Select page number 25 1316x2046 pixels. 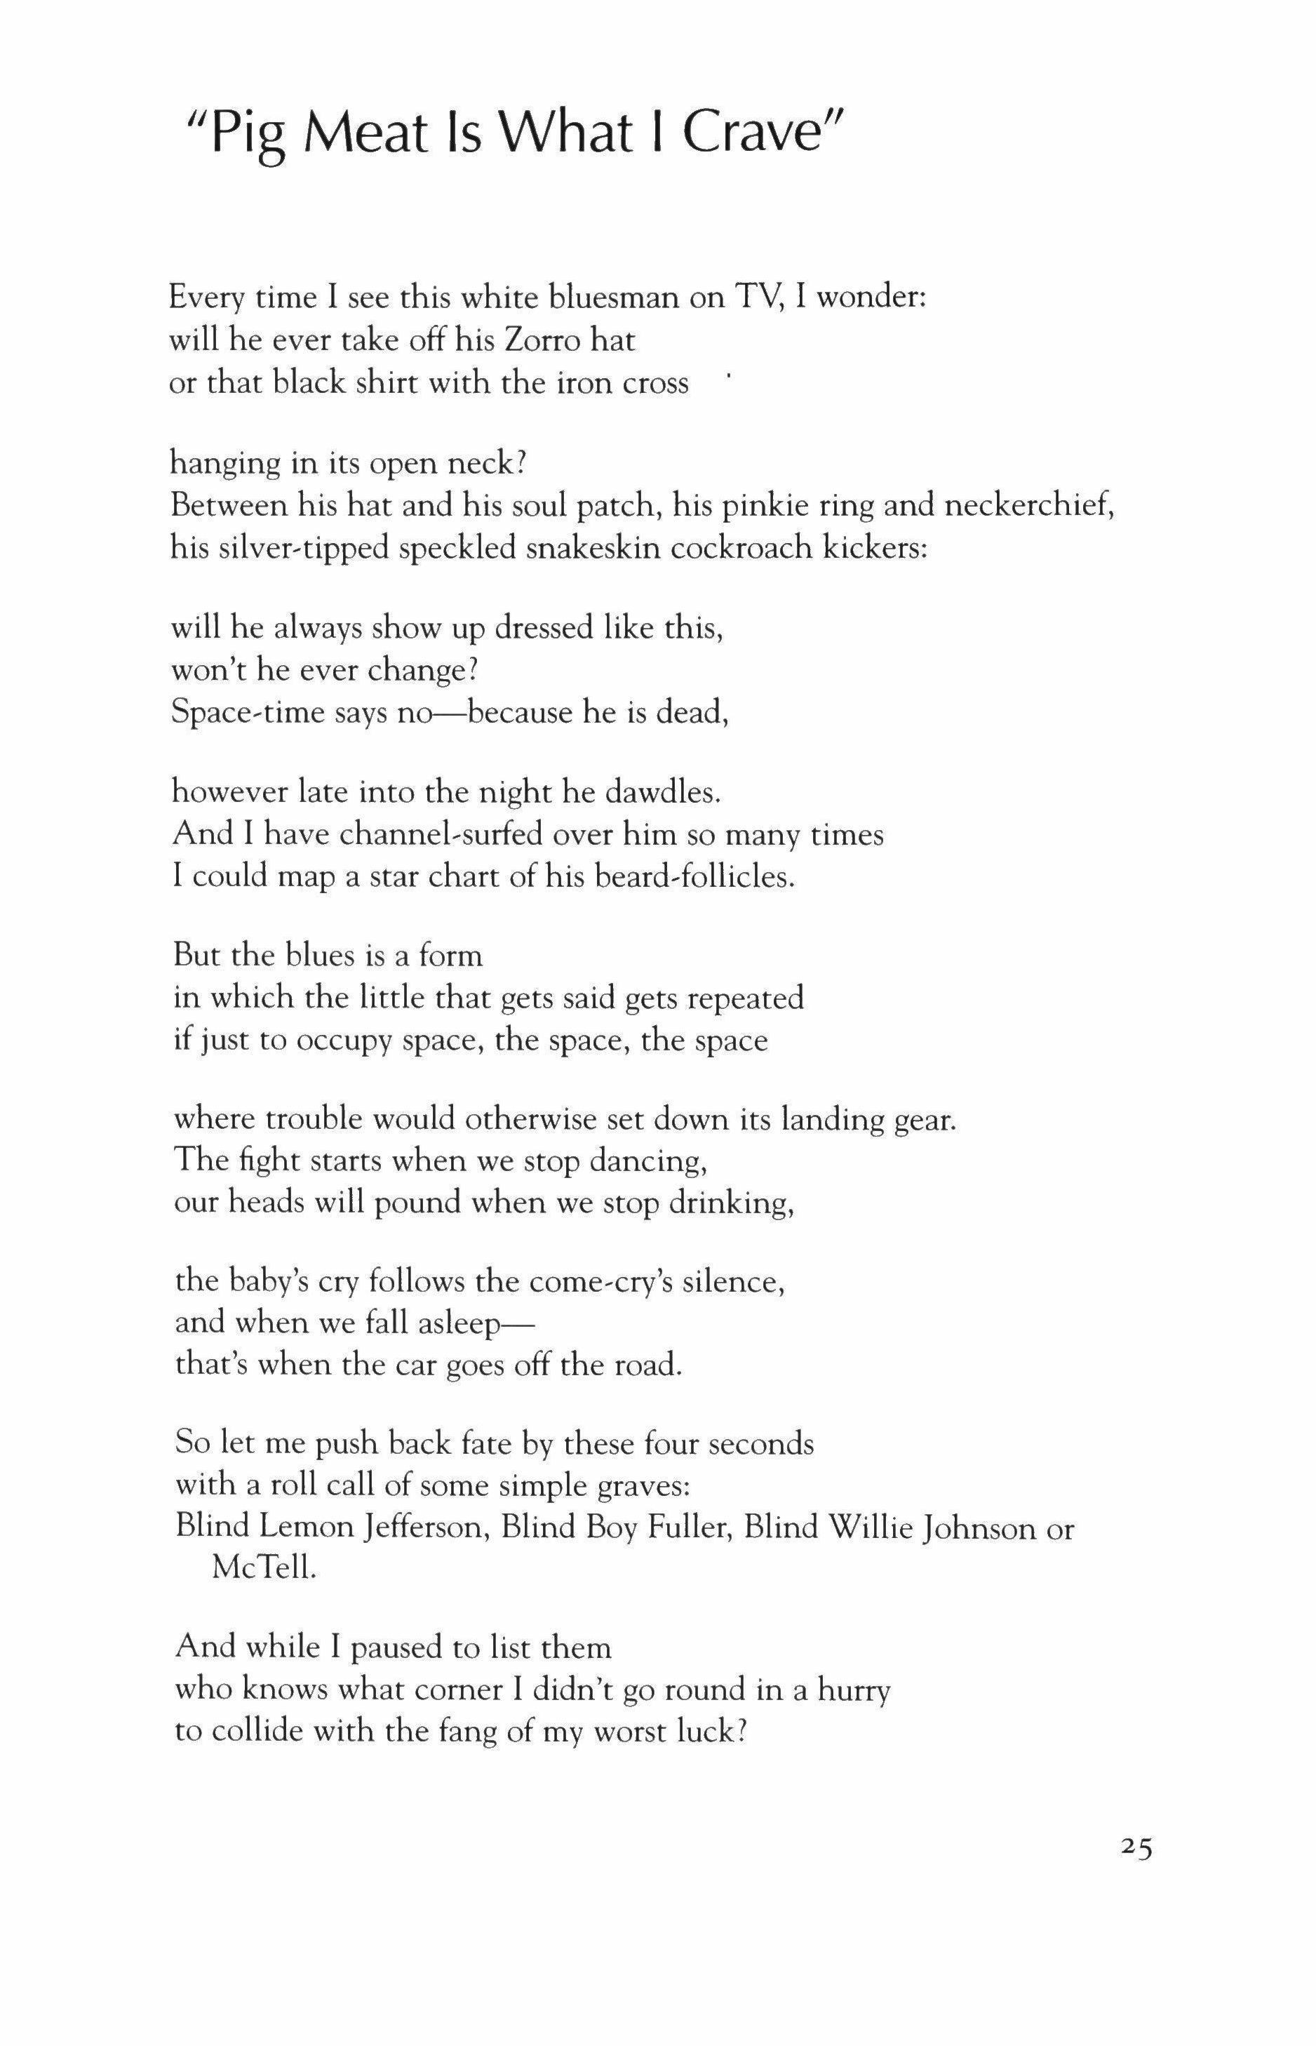[1136, 1849]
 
